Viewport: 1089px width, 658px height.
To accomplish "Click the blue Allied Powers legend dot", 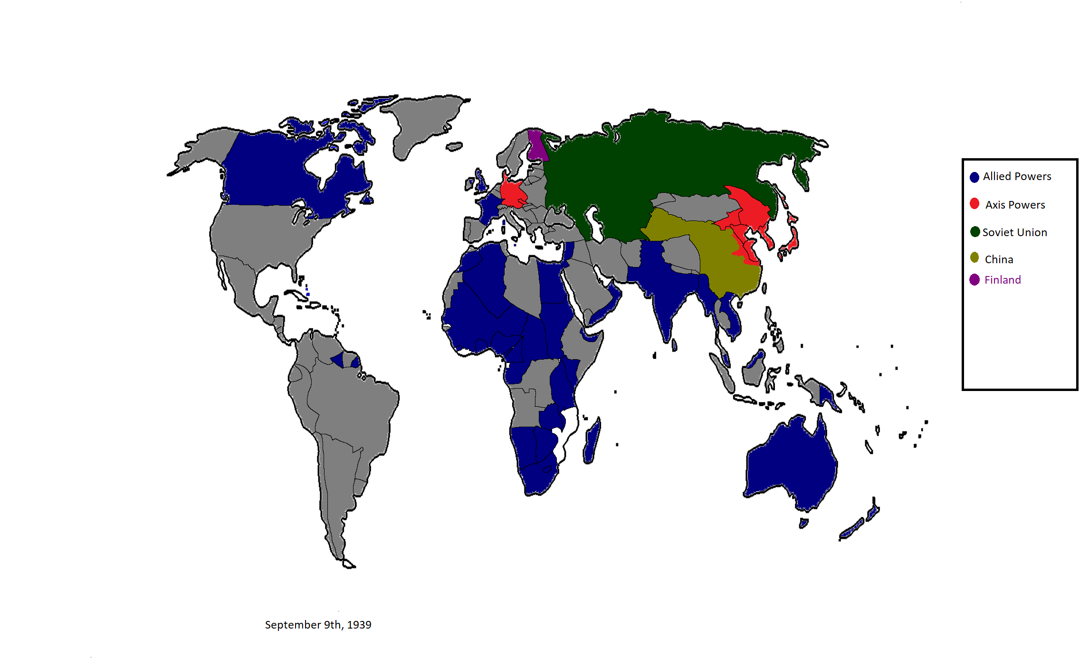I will pyautogui.click(x=974, y=177).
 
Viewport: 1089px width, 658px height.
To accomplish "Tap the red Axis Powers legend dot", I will pyautogui.click(x=974, y=204).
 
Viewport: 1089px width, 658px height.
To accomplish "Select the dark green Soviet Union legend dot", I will pyautogui.click(x=975, y=232).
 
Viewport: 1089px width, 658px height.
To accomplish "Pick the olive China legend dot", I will pyautogui.click(x=974, y=257).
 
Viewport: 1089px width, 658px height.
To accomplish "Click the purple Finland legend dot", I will pyautogui.click(x=974, y=280).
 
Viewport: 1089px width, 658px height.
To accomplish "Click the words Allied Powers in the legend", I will pyautogui.click(x=1017, y=176).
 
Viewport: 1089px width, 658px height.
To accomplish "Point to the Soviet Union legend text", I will pyautogui.click(x=1014, y=232).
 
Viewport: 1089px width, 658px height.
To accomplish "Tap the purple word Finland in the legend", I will pyautogui.click(x=1003, y=280).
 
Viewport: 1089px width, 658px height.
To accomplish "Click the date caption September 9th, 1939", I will pyautogui.click(x=318, y=625).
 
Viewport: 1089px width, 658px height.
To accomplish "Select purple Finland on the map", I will pyautogui.click(x=536, y=145).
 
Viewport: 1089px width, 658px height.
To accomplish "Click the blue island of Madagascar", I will pyautogui.click(x=592, y=442).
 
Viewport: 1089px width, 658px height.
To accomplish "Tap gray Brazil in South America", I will pyautogui.click(x=352, y=404).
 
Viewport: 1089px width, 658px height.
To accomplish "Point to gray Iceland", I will pyautogui.click(x=454, y=146).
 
